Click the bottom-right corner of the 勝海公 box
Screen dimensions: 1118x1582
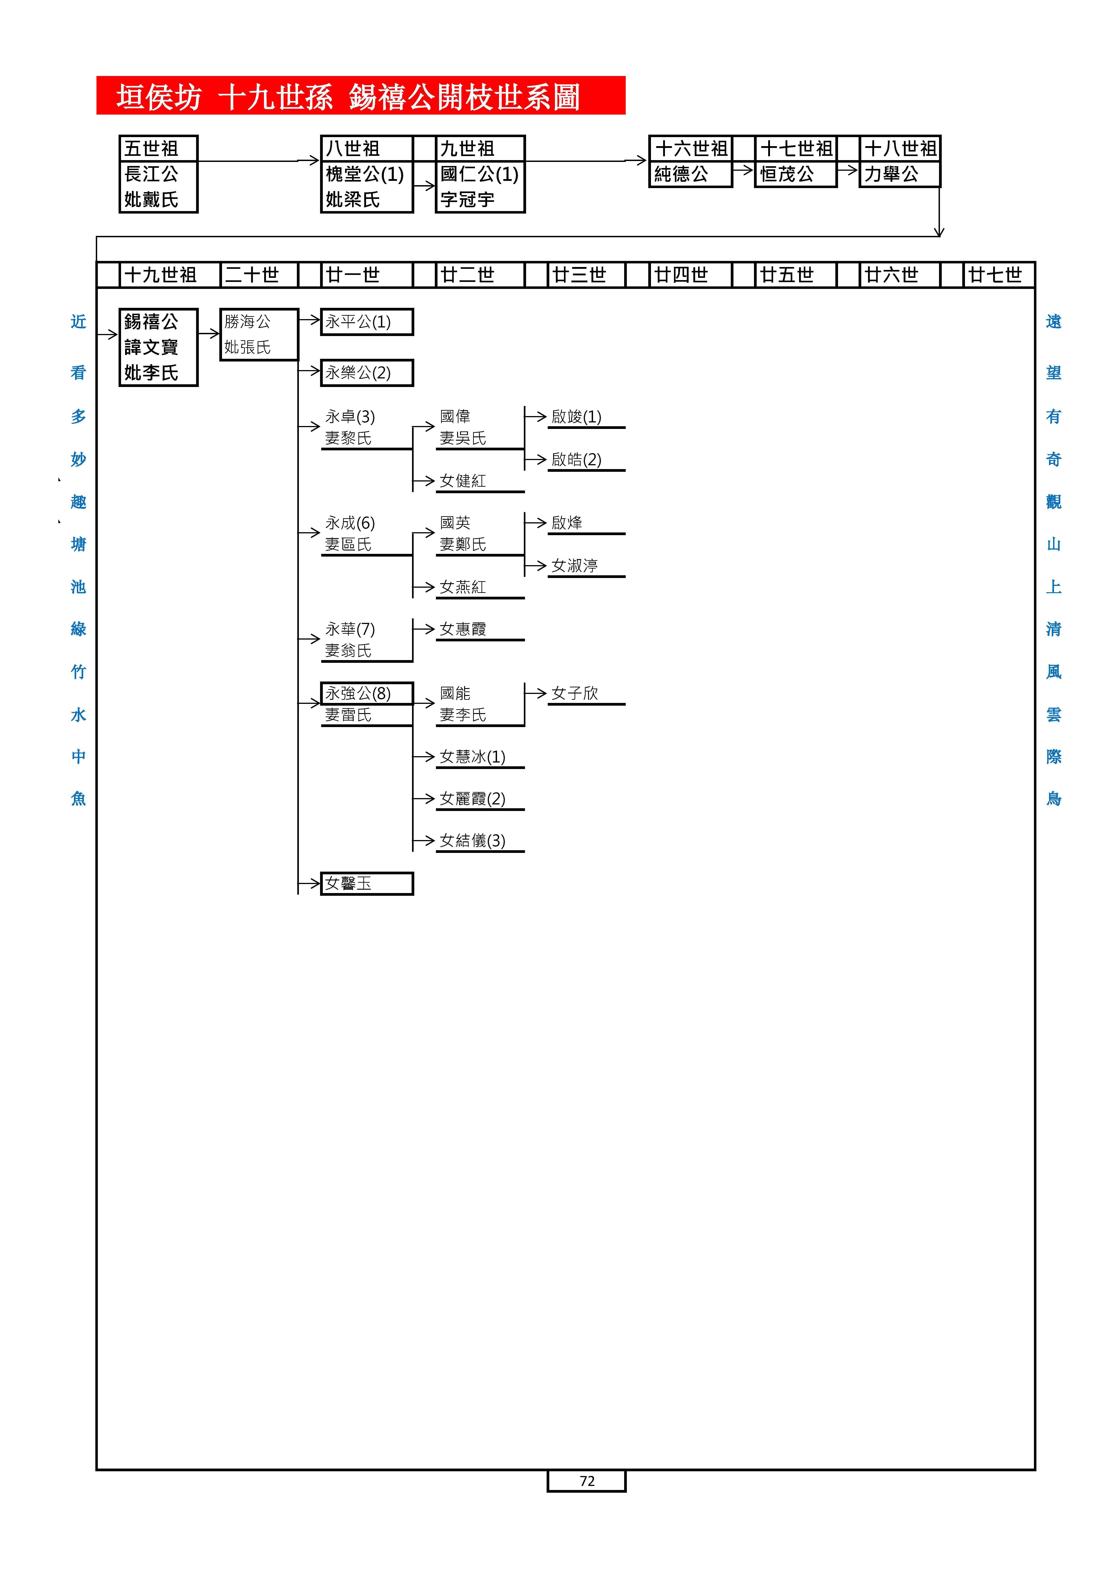[298, 360]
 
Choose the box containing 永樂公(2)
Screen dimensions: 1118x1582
[367, 373]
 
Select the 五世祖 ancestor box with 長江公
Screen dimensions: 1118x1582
[158, 174]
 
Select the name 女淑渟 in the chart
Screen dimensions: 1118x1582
[575, 566]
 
